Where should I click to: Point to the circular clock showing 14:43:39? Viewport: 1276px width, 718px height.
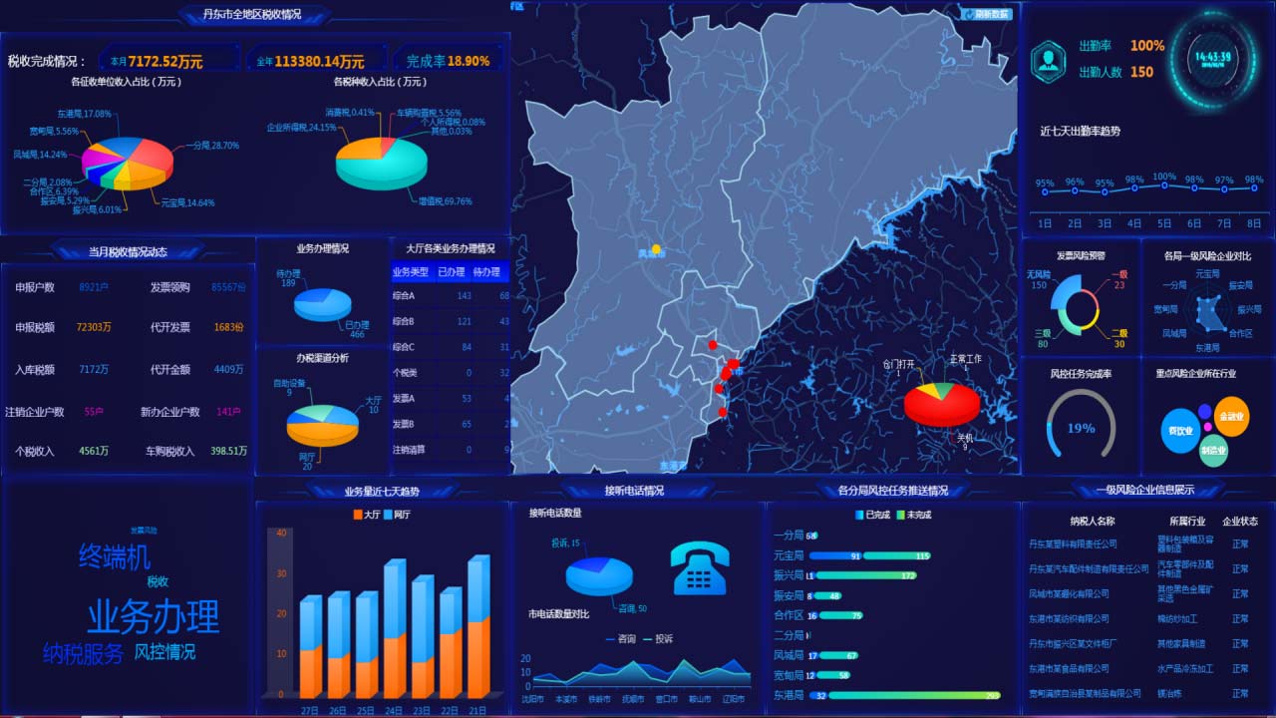tap(1213, 58)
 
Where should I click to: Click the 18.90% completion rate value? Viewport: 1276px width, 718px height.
tap(469, 61)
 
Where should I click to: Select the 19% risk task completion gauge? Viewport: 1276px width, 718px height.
tap(1081, 427)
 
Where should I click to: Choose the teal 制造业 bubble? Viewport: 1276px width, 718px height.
tap(1212, 450)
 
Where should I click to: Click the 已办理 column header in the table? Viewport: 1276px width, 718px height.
tap(452, 272)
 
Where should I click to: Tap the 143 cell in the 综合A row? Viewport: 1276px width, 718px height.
tap(464, 296)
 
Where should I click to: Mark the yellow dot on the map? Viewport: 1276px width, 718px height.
tap(656, 248)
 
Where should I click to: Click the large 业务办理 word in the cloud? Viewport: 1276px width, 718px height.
tap(153, 616)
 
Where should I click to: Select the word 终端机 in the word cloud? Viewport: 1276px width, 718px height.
tap(115, 556)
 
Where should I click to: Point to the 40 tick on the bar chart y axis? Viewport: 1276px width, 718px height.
tap(281, 533)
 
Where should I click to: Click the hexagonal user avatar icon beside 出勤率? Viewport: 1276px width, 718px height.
tap(1048, 60)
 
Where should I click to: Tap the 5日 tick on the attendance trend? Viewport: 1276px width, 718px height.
tap(1163, 223)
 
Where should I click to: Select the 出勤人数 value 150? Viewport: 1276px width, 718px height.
tap(1141, 72)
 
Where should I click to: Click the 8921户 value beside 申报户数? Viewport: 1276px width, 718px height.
tap(94, 287)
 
